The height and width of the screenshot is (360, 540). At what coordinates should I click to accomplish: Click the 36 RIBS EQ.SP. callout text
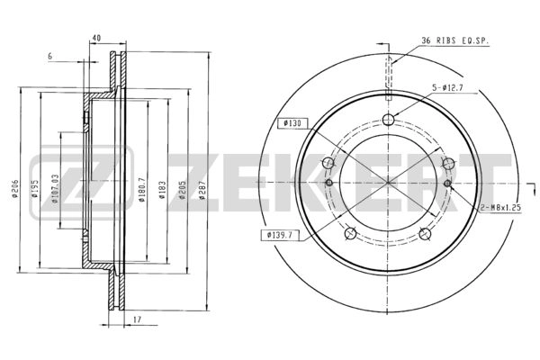point(454,40)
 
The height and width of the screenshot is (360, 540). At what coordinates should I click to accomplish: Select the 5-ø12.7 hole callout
point(447,88)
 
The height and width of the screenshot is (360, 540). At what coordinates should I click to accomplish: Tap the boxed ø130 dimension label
point(292,123)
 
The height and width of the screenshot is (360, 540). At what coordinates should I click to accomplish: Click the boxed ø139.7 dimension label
point(280,235)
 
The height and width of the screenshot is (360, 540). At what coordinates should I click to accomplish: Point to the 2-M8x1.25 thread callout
point(500,208)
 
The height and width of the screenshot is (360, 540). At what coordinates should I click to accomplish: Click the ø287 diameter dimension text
point(202,191)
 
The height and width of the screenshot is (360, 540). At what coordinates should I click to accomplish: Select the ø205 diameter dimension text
point(183,190)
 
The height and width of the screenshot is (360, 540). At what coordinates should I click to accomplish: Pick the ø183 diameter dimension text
point(163,190)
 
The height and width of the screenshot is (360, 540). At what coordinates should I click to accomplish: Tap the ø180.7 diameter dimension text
point(141,190)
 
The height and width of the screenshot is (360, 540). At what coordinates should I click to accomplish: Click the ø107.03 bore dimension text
point(55,188)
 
